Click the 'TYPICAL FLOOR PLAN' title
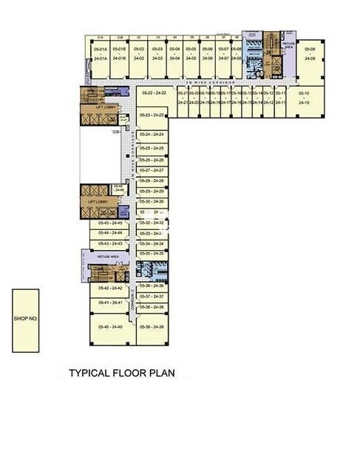(122, 374)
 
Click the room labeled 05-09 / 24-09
(309, 53)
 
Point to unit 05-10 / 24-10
(303, 98)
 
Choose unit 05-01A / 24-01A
(101, 53)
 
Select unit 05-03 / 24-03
(157, 53)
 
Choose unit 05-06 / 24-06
(208, 53)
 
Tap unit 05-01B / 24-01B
(120, 53)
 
